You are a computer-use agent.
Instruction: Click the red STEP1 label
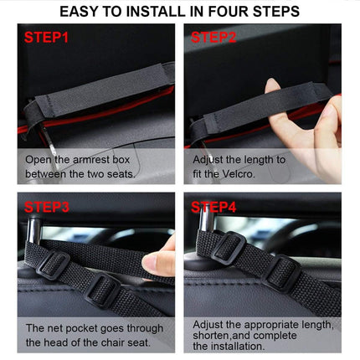48,38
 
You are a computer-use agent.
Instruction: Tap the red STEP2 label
215,38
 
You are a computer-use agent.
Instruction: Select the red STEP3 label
48,206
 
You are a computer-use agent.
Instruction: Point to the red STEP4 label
215,206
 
